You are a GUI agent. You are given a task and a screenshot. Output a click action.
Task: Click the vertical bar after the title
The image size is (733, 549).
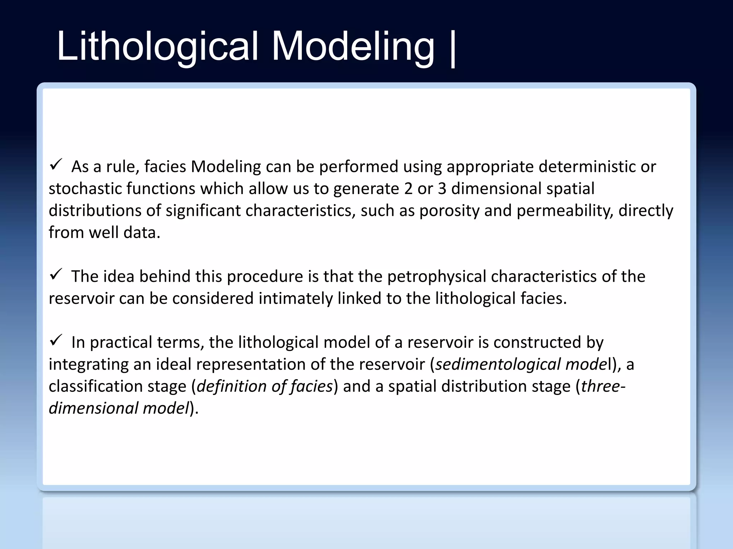point(453,48)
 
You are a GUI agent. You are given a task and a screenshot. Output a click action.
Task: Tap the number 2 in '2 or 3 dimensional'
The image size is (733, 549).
point(408,189)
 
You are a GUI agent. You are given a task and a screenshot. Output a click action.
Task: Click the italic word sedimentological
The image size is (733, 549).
point(498,365)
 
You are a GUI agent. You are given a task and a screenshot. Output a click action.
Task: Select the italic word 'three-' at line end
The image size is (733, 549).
point(603,386)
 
